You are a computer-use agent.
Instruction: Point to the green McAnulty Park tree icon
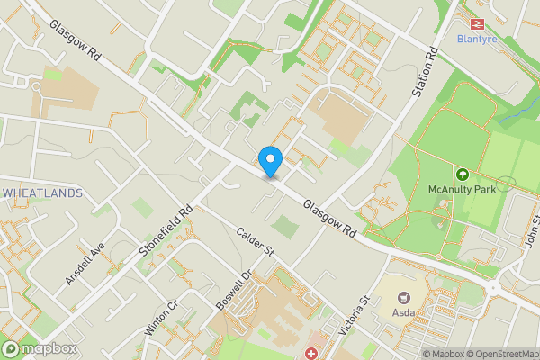click(x=463, y=174)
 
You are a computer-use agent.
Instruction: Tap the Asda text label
click(x=403, y=313)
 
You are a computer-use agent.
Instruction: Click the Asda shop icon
click(x=403, y=296)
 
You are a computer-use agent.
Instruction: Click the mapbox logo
click(x=40, y=348)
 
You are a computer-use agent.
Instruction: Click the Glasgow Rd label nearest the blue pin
click(x=329, y=219)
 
